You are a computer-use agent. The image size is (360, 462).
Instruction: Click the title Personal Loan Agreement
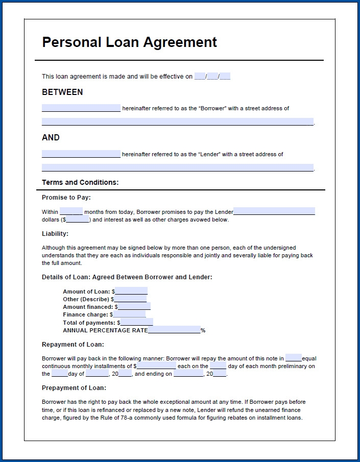[129, 42]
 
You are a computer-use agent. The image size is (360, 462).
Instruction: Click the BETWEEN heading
[62, 92]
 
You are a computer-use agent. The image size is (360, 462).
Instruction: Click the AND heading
[51, 138]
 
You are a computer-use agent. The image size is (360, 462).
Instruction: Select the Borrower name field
[81, 108]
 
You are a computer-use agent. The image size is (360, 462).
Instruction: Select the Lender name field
[81, 154]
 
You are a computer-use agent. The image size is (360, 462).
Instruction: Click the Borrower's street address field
[177, 122]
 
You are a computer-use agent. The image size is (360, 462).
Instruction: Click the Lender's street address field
[177, 167]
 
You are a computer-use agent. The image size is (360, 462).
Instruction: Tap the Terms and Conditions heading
[80, 182]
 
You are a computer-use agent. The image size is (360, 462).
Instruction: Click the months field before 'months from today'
[71, 211]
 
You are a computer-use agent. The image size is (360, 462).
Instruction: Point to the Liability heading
[55, 234]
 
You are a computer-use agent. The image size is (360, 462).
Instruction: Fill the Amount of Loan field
[131, 291]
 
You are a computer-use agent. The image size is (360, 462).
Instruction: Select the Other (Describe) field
[130, 299]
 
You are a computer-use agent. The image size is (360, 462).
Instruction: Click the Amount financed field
[134, 307]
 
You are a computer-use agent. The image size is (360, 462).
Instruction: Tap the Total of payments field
[136, 323]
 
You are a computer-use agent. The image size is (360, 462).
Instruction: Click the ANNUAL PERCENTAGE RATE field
[174, 330]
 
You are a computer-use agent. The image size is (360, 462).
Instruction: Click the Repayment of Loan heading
[73, 345]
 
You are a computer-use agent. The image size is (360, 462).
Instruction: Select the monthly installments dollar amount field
[156, 366]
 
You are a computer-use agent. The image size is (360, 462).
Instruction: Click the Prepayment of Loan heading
[74, 388]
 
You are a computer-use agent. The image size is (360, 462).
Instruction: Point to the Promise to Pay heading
[66, 198]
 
